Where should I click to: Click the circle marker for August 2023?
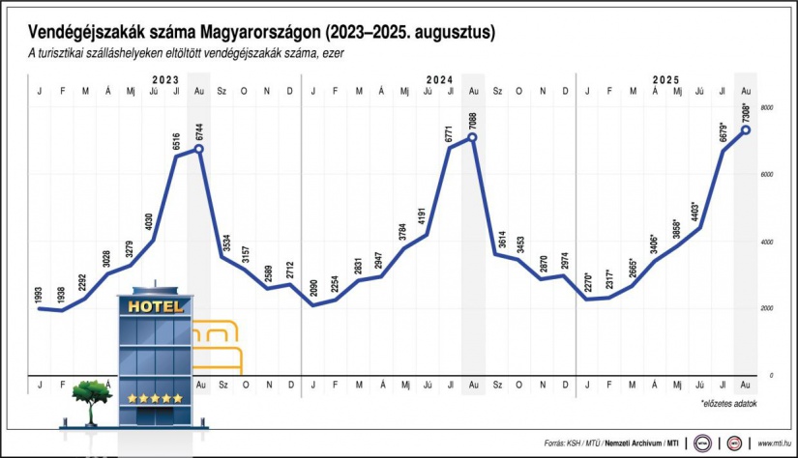click(199, 148)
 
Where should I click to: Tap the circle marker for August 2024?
click(473, 137)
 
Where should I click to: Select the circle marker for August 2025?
click(746, 129)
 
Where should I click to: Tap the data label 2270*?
click(587, 285)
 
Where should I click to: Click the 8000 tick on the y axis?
click(766, 108)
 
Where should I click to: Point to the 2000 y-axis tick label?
click(766, 308)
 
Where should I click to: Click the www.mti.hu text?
click(774, 444)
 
